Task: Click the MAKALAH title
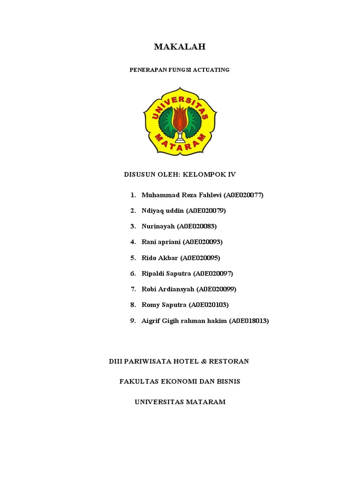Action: (x=180, y=47)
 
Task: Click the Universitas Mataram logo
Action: (x=180, y=121)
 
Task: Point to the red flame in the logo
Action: (x=180, y=117)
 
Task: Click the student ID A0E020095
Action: (x=200, y=258)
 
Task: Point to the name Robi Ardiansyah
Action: (x=168, y=289)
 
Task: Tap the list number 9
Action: (x=133, y=321)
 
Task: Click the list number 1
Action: (x=133, y=195)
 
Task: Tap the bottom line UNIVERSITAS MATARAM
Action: (x=180, y=402)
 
